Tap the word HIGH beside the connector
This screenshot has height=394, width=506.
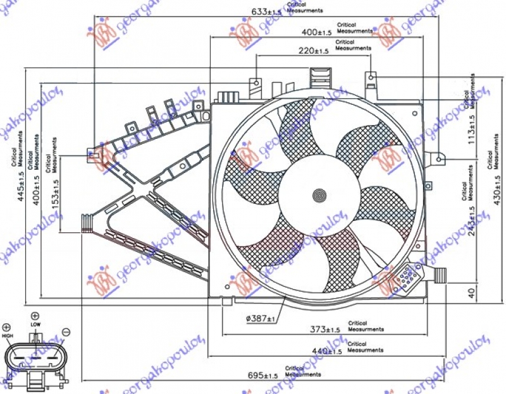pyautogui.click(x=8, y=336)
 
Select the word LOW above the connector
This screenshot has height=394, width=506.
pyautogui.click(x=35, y=325)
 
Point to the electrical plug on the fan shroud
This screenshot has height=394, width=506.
pyautogui.click(x=403, y=278)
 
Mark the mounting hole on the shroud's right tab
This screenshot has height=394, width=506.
pyautogui.click(x=439, y=159)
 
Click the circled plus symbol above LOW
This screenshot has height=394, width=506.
pyautogui.click(x=35, y=316)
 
